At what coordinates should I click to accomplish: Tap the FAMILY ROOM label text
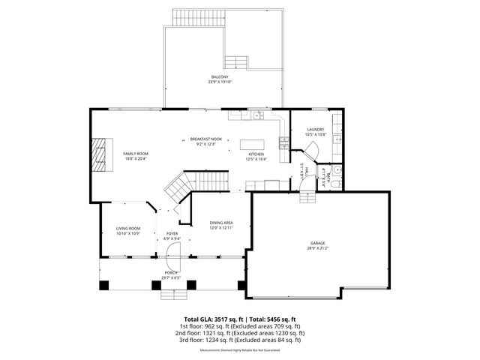tap(136, 153)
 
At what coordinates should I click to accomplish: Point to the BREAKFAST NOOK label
tap(205, 139)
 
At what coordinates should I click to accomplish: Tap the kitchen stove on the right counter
tap(284, 139)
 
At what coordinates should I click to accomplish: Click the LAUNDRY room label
tap(315, 130)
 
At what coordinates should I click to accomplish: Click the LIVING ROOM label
tap(128, 229)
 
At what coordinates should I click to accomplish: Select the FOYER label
tap(172, 234)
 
